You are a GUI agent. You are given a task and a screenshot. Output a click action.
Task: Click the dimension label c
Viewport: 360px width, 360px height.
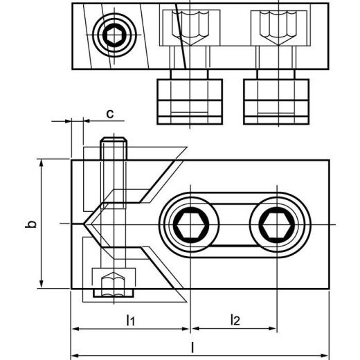pos(109,113)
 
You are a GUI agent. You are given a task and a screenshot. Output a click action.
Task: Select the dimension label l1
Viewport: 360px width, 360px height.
pos(129,319)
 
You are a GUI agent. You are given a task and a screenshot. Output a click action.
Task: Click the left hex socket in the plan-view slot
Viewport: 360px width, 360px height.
pos(189,225)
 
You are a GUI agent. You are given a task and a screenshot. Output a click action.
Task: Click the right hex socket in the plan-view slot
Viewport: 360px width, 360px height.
pos(278,225)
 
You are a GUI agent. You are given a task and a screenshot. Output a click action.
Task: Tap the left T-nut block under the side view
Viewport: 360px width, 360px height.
pos(190,100)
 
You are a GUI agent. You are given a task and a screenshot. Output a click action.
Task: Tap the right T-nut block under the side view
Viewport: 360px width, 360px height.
pos(275,100)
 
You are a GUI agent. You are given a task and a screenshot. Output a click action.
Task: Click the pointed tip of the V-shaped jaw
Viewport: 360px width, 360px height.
pos(86,225)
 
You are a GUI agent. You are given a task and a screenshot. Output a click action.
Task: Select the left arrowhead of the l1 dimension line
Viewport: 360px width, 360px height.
pos(75,328)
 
